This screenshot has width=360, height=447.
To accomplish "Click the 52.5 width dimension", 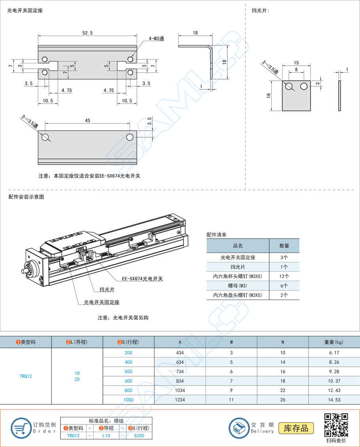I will (x=87, y=33).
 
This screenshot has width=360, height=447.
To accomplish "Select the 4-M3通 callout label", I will (x=156, y=39).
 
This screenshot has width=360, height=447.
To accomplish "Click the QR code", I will (x=336, y=425).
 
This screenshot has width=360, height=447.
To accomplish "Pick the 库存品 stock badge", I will (x=296, y=428).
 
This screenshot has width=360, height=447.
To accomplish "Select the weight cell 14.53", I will (x=334, y=400).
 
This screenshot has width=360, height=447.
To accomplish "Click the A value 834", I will (x=180, y=381).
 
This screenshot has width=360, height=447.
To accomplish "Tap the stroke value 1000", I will (x=129, y=400).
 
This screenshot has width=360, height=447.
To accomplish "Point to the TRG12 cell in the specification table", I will (x=26, y=376).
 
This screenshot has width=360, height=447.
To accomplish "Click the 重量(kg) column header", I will (x=334, y=342).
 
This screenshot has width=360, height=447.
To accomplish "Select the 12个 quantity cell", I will (x=284, y=276).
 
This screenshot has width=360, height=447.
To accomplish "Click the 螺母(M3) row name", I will (x=238, y=286).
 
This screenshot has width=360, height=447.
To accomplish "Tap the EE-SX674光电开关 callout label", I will (x=142, y=279).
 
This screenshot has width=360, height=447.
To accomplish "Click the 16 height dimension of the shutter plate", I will (x=269, y=95).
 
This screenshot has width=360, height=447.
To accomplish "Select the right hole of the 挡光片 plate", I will (x=304, y=86).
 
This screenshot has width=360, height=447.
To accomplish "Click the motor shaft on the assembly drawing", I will (x=24, y=272).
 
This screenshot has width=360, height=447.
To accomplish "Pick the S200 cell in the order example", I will (x=139, y=436).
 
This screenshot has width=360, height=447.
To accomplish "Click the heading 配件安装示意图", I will (x=26, y=197).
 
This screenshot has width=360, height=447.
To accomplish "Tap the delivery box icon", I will (x=239, y=428).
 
